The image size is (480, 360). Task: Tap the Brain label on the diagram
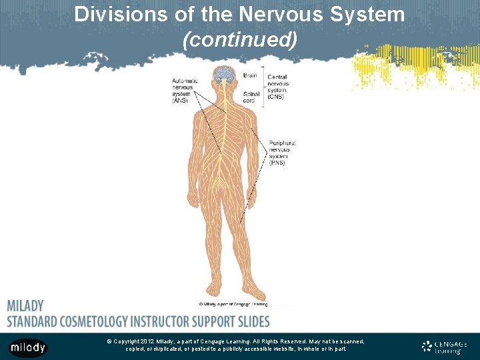pyautogui.click(x=251, y=76)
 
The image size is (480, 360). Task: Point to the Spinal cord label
pyautogui.click(x=252, y=97)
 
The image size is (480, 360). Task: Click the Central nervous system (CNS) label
pyautogui.click(x=278, y=87)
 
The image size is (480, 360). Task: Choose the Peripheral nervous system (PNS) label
pyautogui.click(x=281, y=152)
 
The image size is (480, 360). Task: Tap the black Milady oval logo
pyautogui.click(x=27, y=347)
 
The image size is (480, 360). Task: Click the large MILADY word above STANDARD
pyautogui.click(x=25, y=306)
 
